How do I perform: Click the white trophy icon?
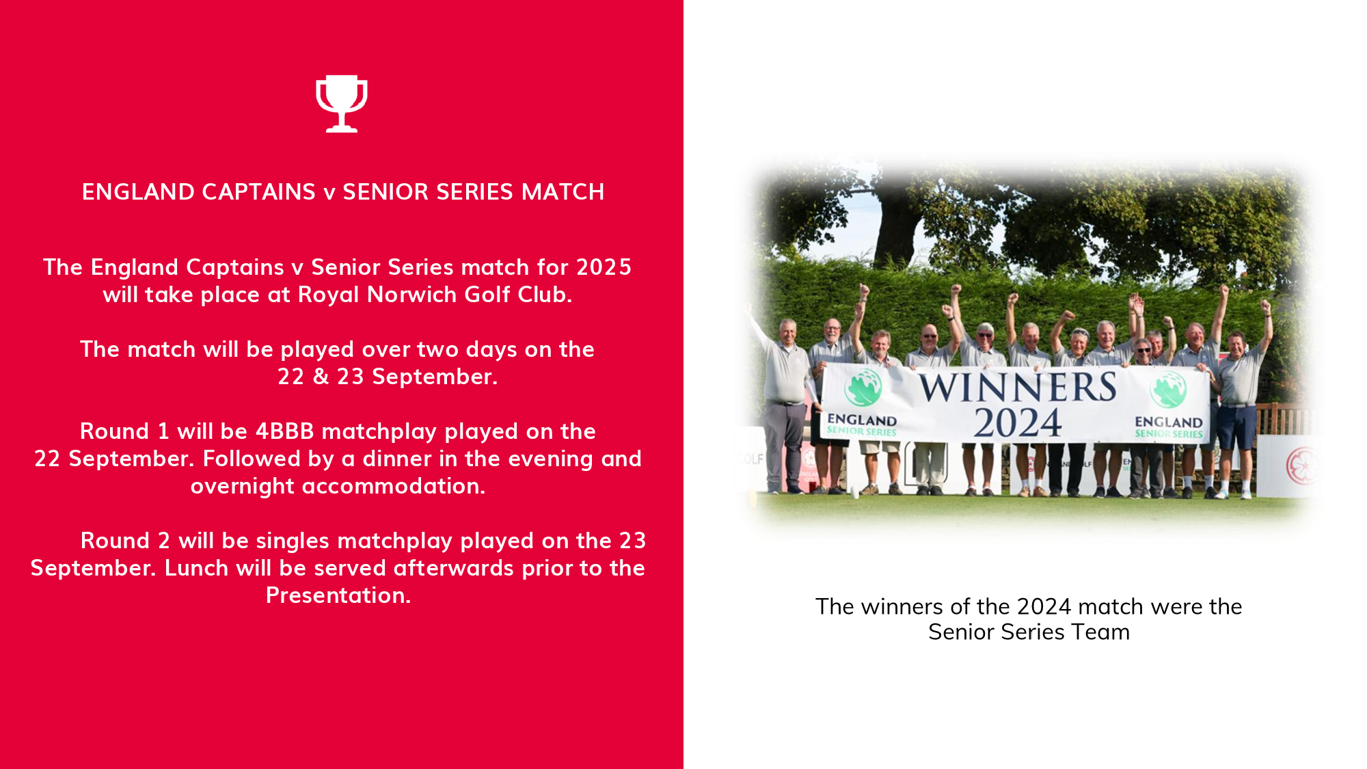[x=342, y=103]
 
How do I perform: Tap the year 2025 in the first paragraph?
[x=604, y=267]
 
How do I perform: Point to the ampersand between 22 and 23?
[x=321, y=377]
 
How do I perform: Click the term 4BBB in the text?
[x=284, y=431]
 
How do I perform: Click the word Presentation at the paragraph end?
[x=338, y=595]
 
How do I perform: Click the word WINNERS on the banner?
[x=1018, y=388]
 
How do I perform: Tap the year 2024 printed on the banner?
[x=1018, y=422]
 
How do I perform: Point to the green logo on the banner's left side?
[x=863, y=387]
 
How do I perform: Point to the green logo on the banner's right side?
[x=1168, y=389]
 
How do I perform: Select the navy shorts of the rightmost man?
[x=1236, y=427]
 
